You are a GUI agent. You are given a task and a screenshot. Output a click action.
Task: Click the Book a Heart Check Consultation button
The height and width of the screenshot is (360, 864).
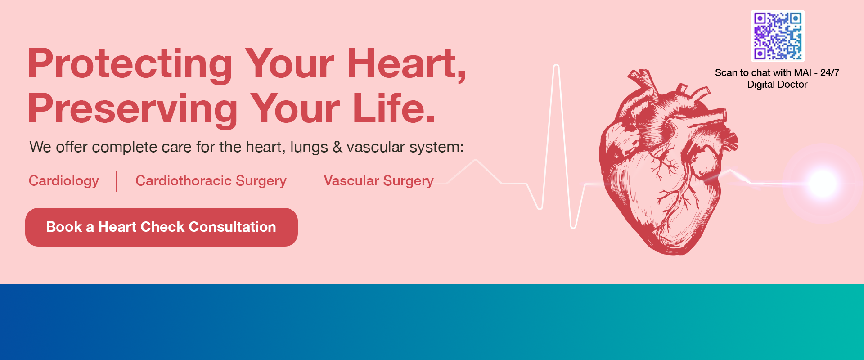[x=161, y=227]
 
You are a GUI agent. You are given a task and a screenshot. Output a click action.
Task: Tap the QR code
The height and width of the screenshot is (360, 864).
[x=778, y=36]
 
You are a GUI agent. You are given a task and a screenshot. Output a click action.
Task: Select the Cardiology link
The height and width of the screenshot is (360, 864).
[x=64, y=181]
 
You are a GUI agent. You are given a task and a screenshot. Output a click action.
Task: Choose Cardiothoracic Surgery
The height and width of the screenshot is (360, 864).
[x=211, y=181]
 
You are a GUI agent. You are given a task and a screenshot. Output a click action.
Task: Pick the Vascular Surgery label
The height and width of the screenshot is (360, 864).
[x=378, y=181]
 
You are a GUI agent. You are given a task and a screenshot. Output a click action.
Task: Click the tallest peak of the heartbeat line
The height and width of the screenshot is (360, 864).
[x=556, y=67]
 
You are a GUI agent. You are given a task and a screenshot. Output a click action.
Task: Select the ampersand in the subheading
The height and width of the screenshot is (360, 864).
[x=337, y=147]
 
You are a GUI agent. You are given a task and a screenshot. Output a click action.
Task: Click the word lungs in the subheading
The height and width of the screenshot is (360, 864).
[x=309, y=148]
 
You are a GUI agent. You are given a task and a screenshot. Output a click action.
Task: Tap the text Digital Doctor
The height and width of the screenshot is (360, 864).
[x=777, y=85]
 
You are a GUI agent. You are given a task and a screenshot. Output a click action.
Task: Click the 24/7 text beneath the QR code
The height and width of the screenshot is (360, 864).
[x=829, y=73]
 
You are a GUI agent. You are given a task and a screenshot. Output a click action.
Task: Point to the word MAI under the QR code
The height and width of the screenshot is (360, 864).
[x=802, y=73]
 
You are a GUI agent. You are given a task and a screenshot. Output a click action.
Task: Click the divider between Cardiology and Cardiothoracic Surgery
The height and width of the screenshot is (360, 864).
[x=117, y=181]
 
